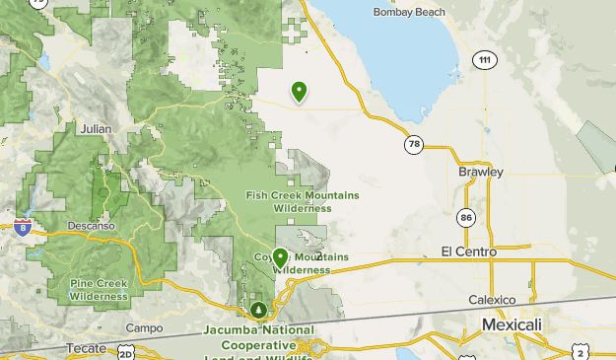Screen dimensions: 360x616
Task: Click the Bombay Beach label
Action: tap(409, 12)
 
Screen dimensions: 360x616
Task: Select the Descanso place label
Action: tap(94, 225)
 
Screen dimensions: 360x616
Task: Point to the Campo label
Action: tap(144, 327)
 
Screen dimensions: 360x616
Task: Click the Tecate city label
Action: tap(85, 348)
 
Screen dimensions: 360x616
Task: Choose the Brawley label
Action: tap(481, 172)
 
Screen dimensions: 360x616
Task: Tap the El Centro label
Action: tap(469, 252)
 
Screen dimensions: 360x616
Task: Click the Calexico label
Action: tap(492, 300)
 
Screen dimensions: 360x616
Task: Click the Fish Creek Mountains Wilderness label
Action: tap(303, 201)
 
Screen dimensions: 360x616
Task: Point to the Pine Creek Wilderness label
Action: tap(99, 289)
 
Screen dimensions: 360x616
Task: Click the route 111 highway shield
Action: tap(482, 60)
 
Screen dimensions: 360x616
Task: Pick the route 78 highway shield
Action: tap(413, 144)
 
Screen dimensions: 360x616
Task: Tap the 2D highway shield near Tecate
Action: tap(125, 352)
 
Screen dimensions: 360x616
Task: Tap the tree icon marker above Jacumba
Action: tap(258, 311)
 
